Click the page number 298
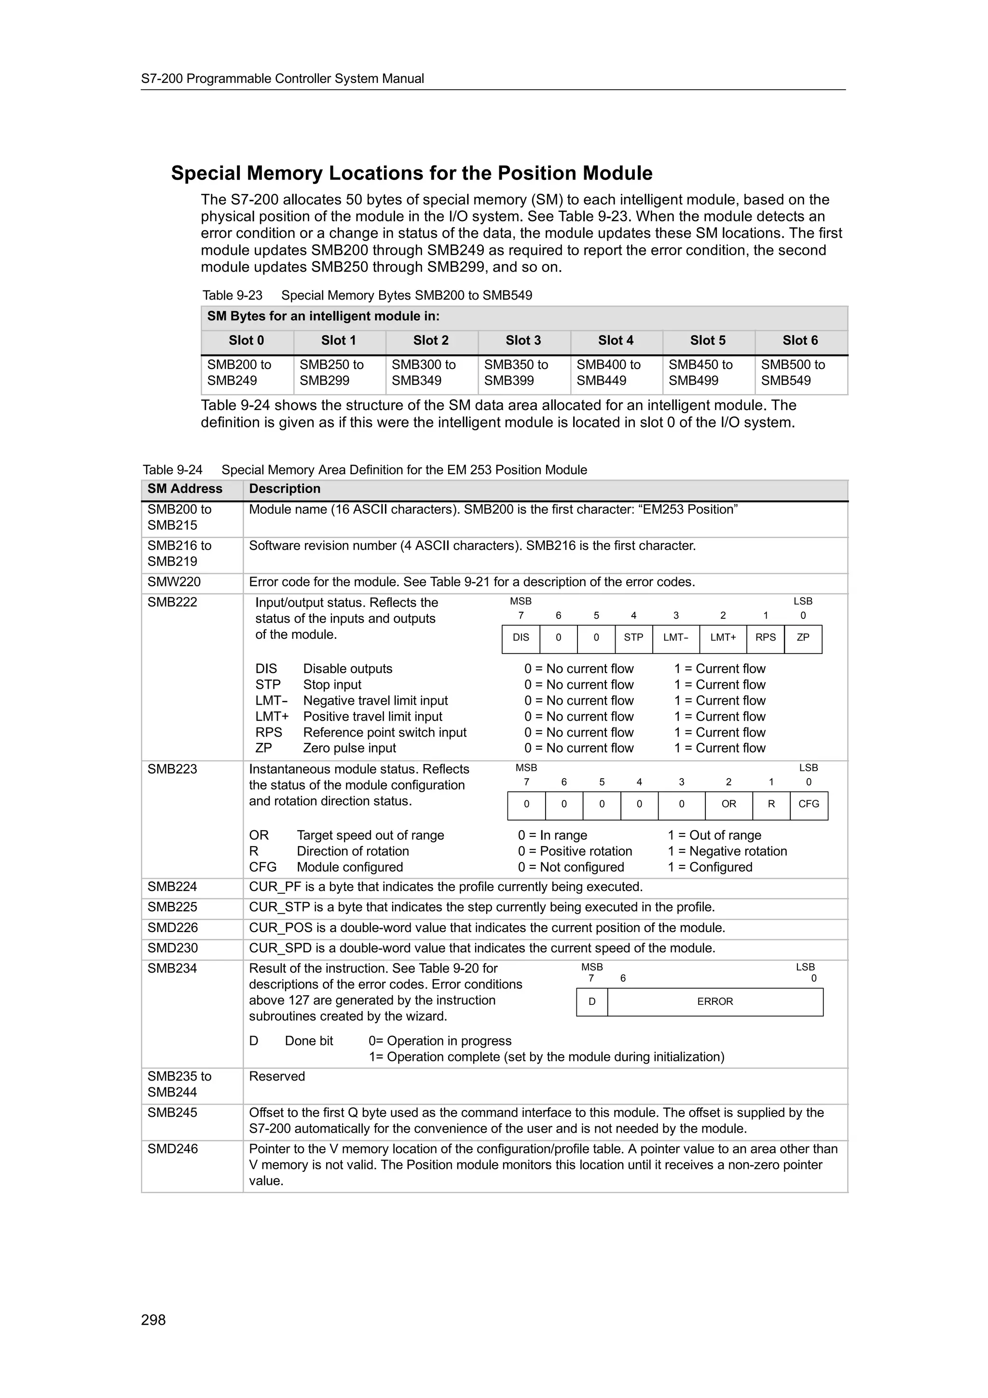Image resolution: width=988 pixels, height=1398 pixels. point(153,1319)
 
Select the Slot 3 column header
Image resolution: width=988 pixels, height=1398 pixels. point(523,341)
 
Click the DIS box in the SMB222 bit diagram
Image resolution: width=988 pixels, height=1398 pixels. point(521,638)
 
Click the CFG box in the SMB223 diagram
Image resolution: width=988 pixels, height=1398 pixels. point(809,804)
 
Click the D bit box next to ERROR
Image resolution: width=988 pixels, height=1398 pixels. point(592,1001)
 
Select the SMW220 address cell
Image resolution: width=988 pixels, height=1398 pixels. point(174,582)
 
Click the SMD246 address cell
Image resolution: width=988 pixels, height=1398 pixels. point(173,1149)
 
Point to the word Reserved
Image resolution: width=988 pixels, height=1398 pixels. point(277,1077)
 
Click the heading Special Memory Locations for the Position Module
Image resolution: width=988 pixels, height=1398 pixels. point(412,174)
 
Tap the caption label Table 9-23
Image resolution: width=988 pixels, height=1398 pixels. point(233,295)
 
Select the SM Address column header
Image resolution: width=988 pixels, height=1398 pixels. point(185,489)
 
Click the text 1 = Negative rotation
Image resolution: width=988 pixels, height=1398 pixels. point(727,851)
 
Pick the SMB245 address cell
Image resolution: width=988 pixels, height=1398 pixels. point(172,1112)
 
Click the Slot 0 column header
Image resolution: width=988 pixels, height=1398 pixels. point(246,341)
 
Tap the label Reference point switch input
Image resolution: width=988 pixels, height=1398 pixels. point(384,732)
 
